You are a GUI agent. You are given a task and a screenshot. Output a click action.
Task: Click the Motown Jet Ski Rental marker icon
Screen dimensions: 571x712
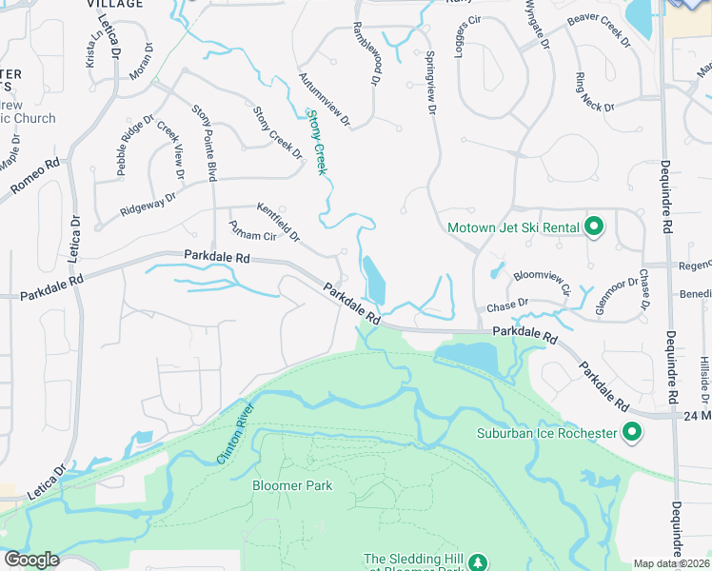pyautogui.click(x=595, y=226)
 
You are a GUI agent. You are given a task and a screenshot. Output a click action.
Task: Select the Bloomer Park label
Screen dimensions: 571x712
pyautogui.click(x=292, y=485)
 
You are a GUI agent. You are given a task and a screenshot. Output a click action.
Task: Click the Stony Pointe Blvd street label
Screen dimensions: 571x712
pyautogui.click(x=205, y=143)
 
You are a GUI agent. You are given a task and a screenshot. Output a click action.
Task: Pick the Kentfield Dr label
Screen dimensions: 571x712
pyautogui.click(x=278, y=221)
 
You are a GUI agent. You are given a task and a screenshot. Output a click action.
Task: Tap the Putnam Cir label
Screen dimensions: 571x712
pyautogui.click(x=252, y=234)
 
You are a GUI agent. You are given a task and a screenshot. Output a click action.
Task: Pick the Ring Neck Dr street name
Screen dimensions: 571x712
pyautogui.click(x=594, y=91)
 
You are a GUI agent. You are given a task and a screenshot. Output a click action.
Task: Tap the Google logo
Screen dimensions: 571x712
pyautogui.click(x=31, y=560)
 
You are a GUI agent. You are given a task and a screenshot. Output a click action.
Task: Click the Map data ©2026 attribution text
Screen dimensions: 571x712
pyautogui.click(x=670, y=563)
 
